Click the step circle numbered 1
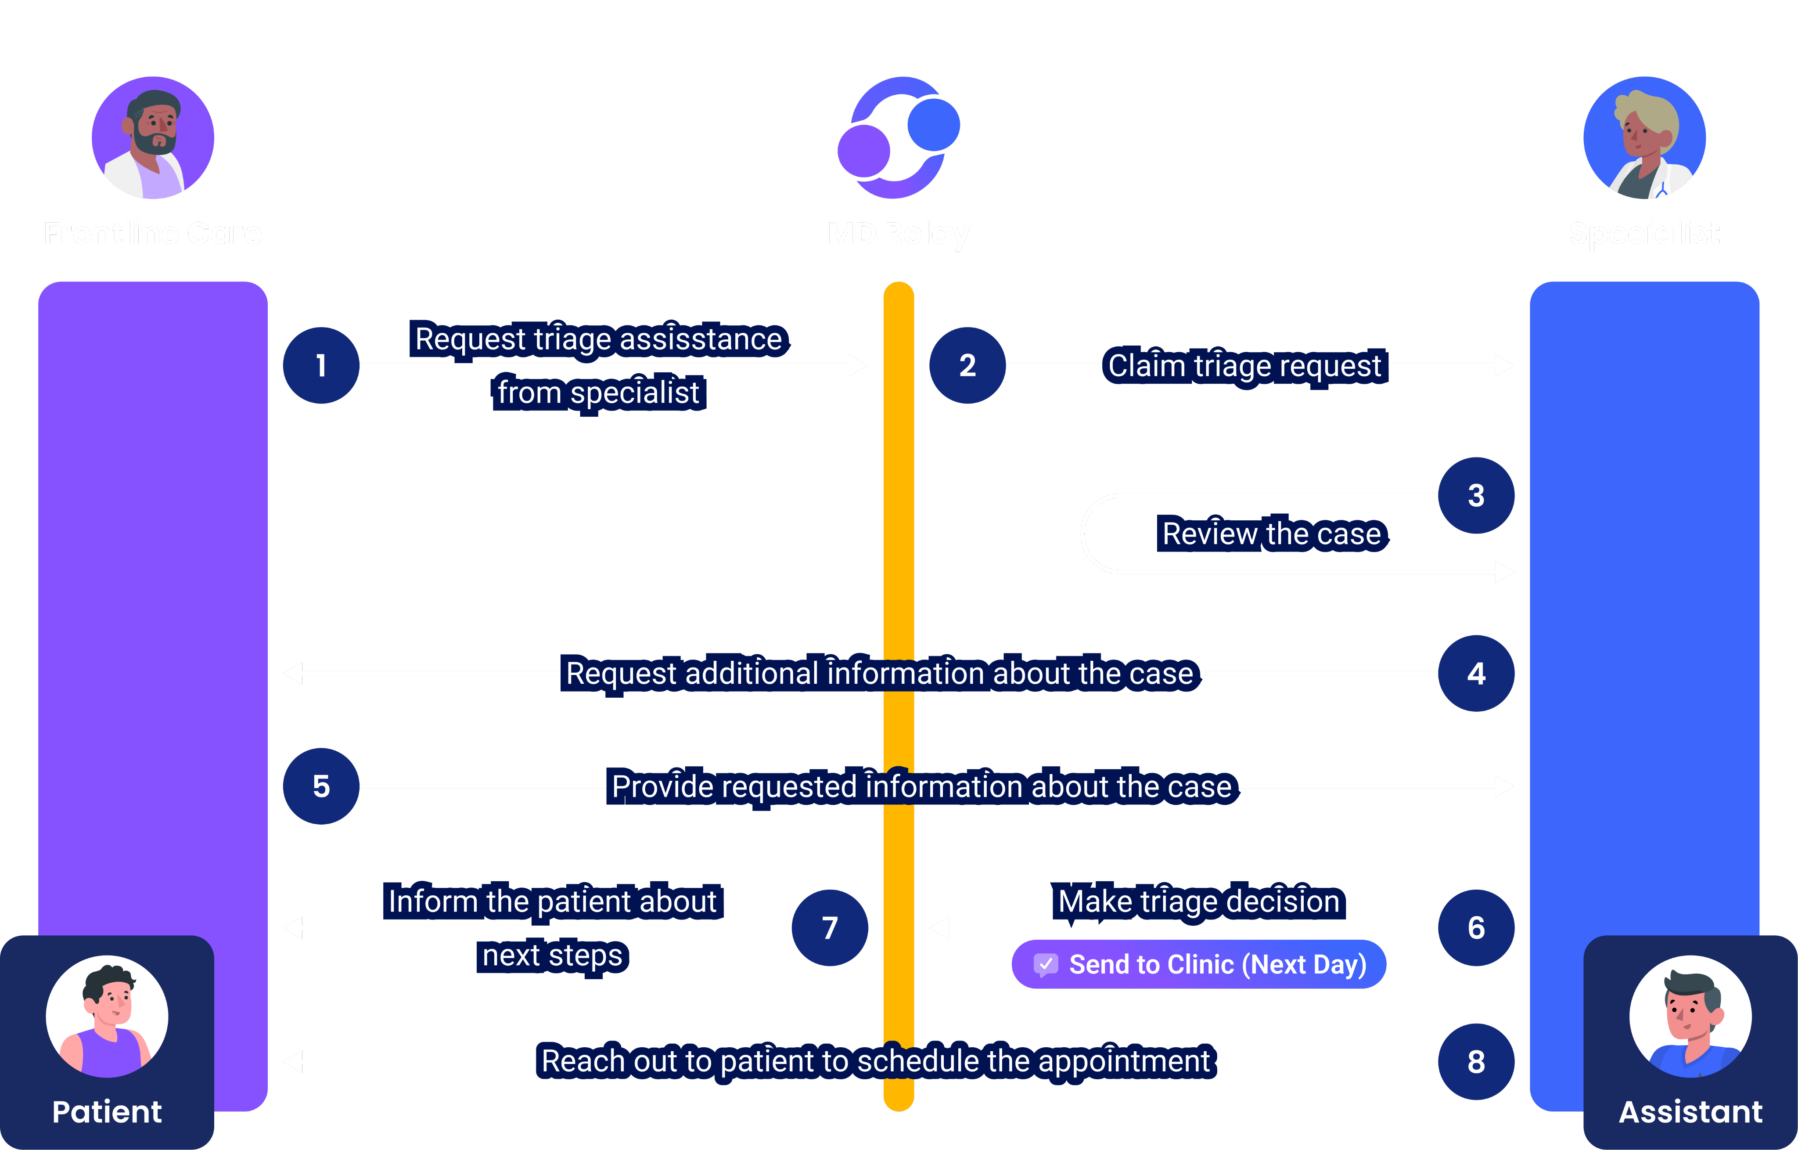321,365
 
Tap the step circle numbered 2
967,365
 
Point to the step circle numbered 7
830,927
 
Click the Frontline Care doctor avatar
153,137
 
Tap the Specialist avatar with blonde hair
1644,137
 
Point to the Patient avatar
107,1017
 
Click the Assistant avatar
1690,1017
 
